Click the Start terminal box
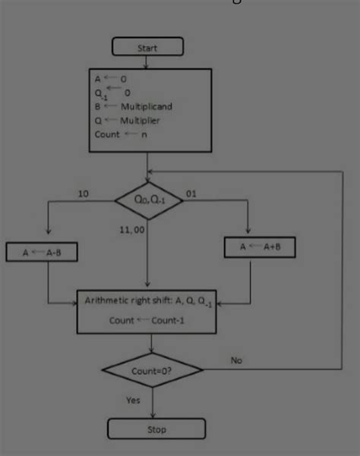point(147,48)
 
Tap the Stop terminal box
point(154,429)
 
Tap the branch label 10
point(83,194)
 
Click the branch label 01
point(191,194)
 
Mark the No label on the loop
point(237,360)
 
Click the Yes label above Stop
point(134,399)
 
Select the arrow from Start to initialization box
point(147,61)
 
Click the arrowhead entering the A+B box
point(250,232)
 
